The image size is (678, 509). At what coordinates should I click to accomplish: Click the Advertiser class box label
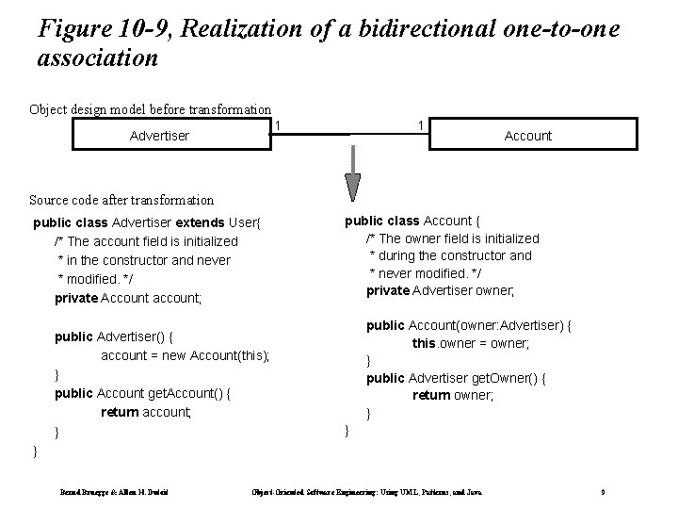coord(159,136)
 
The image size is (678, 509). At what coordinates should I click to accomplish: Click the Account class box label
coord(528,136)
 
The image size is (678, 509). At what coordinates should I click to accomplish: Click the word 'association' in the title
coord(97,58)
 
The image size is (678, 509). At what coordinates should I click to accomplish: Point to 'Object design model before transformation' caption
coord(151,109)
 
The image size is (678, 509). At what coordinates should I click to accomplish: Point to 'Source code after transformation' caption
coord(121,200)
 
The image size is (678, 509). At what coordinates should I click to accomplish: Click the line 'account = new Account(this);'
coord(185,355)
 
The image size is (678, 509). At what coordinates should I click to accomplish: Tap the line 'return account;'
coord(146,412)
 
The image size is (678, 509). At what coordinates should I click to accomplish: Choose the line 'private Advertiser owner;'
coord(441,290)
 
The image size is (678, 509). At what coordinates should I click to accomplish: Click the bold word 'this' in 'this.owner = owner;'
coord(425,344)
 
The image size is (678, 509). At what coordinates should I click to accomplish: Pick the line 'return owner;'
coord(453,396)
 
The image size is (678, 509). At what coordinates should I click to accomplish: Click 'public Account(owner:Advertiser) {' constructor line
coord(469,325)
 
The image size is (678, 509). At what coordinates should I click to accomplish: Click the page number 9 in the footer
coord(601,493)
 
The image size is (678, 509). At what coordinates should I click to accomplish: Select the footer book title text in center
coord(374,493)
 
